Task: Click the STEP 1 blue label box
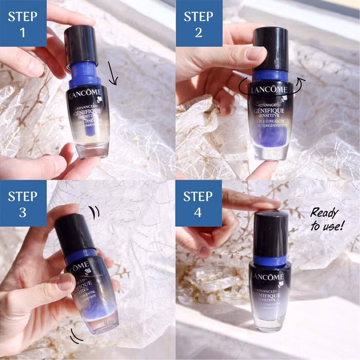click(x=23, y=23)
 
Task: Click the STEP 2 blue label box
click(x=199, y=23)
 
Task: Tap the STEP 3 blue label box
click(x=23, y=204)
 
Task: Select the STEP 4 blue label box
click(x=199, y=204)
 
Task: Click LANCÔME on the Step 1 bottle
click(x=88, y=95)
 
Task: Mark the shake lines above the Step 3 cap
click(x=94, y=211)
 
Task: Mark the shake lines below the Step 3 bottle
click(x=76, y=337)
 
